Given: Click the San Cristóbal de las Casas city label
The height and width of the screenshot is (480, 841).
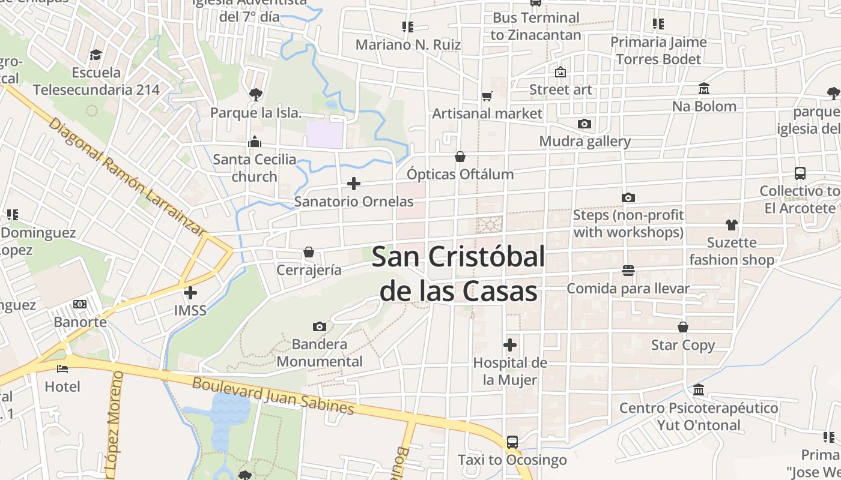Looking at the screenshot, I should point(458,274).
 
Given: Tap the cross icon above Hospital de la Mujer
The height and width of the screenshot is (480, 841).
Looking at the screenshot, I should point(510,345).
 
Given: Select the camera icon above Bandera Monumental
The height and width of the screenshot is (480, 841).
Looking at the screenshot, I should point(320,326).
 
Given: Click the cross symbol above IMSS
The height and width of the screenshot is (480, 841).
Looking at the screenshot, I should point(190,293).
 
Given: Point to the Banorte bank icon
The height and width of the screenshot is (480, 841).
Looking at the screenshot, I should point(80,304).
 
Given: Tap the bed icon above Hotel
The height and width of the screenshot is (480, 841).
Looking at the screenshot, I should point(62,368).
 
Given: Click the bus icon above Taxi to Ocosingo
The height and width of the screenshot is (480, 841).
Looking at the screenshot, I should point(512,442).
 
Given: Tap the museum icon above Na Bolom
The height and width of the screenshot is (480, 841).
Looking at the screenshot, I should point(704,89).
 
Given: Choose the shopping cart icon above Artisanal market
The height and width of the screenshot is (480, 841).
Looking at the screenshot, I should point(487,96).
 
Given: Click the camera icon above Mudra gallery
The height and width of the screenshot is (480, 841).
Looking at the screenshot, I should point(584,124).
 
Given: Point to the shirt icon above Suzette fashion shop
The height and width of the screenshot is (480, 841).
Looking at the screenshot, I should point(731,225).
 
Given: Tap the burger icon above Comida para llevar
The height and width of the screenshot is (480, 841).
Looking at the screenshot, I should point(628,271).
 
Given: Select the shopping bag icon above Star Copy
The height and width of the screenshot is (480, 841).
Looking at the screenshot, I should point(683,327).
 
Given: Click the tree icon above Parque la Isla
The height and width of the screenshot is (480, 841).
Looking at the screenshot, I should point(256,94).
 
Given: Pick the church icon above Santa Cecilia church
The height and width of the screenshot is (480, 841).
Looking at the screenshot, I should point(255,142).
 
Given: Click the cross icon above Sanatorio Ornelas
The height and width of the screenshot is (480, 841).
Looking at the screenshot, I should point(354,184).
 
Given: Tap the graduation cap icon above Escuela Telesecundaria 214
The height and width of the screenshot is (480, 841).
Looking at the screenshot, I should point(96,55).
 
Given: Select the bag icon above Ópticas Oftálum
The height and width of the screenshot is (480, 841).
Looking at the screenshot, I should point(460,157).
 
